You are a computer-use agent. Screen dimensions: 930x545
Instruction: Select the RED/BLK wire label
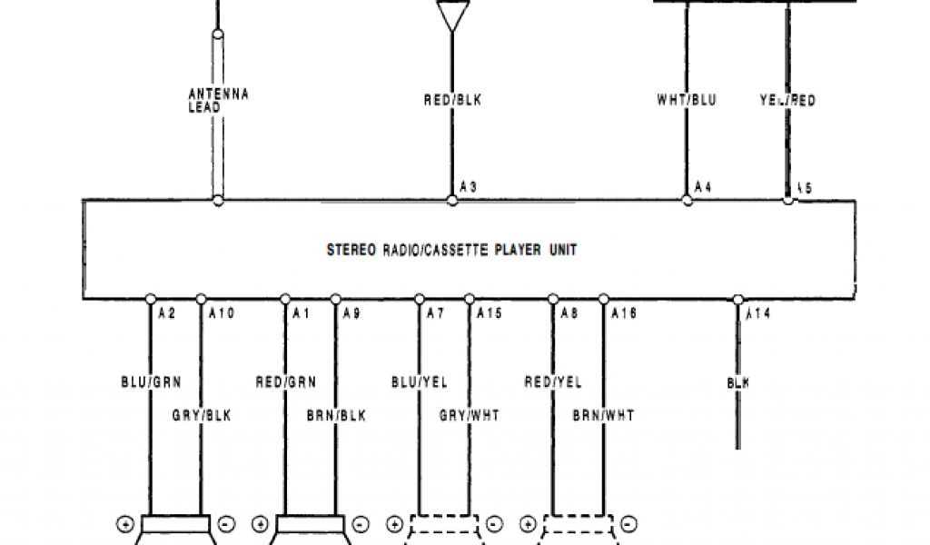452,100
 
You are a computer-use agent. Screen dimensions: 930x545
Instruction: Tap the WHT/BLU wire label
686,100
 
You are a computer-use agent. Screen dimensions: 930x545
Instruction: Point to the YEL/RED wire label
787,100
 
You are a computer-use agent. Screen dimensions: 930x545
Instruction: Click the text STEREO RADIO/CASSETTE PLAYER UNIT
451,250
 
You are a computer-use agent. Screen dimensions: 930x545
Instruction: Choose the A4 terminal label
702,187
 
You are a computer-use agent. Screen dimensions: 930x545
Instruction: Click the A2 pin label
166,314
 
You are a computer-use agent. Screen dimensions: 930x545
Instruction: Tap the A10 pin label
221,314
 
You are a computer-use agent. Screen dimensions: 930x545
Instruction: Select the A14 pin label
758,314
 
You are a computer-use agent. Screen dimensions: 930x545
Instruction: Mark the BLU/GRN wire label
150,382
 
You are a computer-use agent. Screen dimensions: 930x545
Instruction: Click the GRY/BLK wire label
202,415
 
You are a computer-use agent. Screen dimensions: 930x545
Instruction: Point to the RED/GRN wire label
285,382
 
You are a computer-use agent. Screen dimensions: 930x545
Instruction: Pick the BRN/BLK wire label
336,415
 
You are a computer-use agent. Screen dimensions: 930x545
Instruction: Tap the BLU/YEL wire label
419,382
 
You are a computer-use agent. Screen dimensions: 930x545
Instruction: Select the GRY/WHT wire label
470,415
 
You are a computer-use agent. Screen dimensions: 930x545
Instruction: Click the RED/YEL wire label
553,382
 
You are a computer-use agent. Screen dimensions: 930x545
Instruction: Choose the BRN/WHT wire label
603,415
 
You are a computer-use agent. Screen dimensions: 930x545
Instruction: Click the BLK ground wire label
737,383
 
